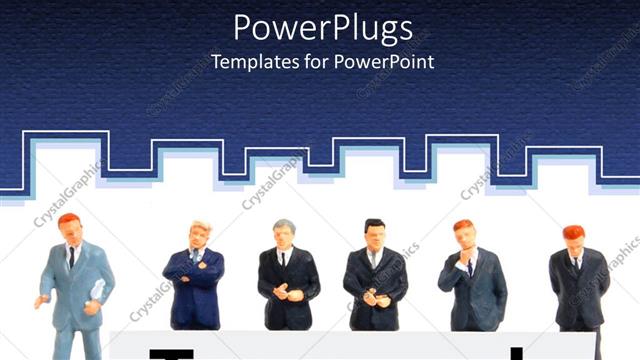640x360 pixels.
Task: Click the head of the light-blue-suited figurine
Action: pyautogui.click(x=70, y=228)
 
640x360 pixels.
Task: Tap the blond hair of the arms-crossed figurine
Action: pyautogui.click(x=201, y=228)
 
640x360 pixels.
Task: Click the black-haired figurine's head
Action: pyautogui.click(x=374, y=233)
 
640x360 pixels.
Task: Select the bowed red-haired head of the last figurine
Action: pyautogui.click(x=573, y=238)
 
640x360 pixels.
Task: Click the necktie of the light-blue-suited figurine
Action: pyautogui.click(x=72, y=258)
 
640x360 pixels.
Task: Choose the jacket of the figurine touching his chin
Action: pyautogui.click(x=475, y=290)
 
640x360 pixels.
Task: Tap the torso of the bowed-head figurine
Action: pyautogui.click(x=578, y=290)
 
